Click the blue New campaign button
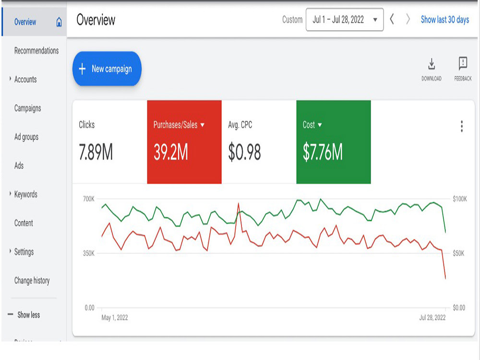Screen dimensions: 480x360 point(107,69)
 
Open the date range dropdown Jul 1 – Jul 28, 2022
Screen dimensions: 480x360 point(344,20)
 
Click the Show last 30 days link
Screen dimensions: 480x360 point(445,20)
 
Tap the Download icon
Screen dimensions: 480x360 point(432,64)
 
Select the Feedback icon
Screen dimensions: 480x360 point(463,64)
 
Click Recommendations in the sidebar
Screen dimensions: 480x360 point(36,50)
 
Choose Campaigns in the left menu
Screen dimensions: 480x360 point(27,108)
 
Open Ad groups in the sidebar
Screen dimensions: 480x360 point(26,137)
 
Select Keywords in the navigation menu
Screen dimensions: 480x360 point(26,194)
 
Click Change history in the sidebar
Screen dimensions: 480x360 point(32,280)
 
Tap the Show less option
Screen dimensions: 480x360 point(28,315)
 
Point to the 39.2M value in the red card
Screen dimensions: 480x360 point(170,152)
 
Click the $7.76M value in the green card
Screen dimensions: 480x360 point(323,152)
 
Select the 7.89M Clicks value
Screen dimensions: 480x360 point(96,152)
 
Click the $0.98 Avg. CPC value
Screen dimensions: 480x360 point(244,152)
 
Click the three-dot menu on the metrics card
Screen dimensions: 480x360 point(462,126)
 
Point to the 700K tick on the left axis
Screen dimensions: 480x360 point(89,199)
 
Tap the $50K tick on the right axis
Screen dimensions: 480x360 point(458,253)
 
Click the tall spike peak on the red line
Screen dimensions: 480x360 point(238,203)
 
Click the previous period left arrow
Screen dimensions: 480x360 point(392,19)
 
